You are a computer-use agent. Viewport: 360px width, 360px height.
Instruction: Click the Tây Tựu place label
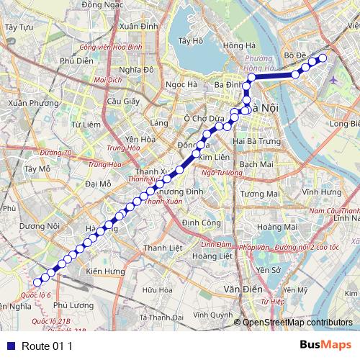[19, 27]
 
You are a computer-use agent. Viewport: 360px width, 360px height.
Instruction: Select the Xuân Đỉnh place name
[139, 26]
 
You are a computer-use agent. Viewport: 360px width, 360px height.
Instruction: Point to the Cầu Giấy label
[122, 102]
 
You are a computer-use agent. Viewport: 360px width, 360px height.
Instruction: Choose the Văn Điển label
[242, 289]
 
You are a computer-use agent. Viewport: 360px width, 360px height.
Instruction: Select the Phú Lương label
[73, 305]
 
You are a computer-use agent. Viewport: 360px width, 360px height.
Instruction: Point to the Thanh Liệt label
[163, 248]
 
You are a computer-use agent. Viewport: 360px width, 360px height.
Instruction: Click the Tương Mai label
[259, 194]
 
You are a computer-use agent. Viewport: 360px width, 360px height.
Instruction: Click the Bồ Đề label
[296, 55]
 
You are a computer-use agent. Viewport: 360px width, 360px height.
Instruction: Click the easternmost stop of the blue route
[323, 58]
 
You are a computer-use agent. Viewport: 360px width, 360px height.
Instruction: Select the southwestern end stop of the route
[39, 281]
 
